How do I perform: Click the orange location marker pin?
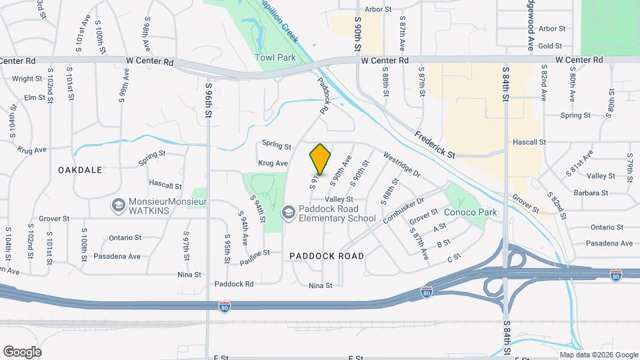[321, 159]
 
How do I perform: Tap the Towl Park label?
[275, 58]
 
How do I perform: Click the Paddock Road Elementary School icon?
[289, 213]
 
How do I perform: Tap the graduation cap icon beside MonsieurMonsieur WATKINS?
[119, 205]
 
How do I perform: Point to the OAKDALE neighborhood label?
[80, 170]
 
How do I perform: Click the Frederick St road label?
[434, 144]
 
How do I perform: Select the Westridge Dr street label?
[402, 165]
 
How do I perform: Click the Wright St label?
[27, 79]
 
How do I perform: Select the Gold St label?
[551, 46]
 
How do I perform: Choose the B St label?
[444, 244]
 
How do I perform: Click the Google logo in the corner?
[22, 352]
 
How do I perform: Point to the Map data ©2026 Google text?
[598, 355]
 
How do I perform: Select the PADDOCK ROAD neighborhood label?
[327, 256]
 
